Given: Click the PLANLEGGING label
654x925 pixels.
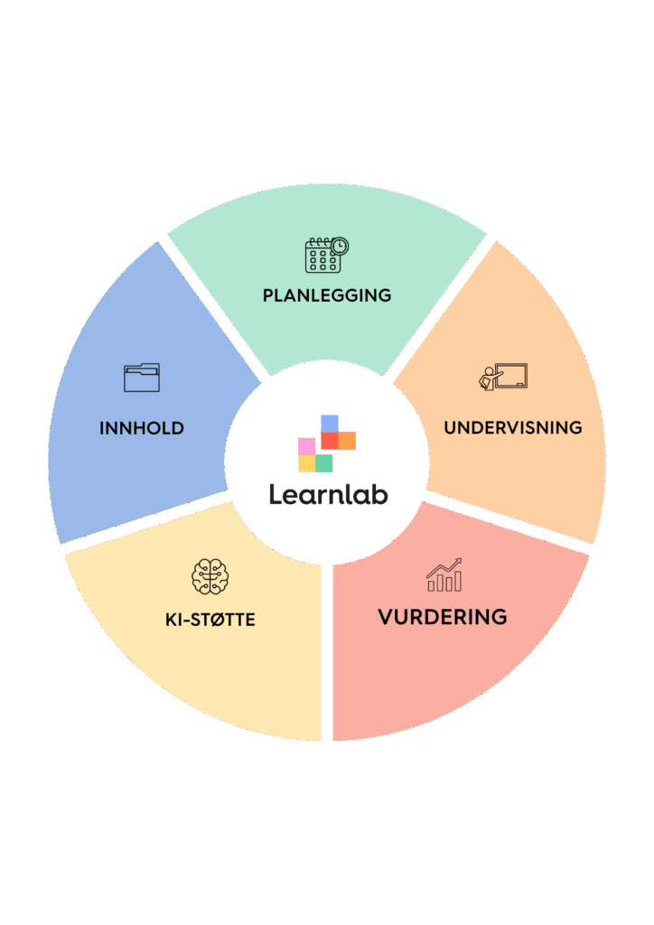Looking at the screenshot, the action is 327,295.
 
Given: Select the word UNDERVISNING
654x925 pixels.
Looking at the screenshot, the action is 513,427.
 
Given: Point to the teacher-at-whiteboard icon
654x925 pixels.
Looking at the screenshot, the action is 503,377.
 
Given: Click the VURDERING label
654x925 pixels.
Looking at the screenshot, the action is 443,617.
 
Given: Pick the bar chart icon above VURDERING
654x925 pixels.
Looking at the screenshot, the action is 444,575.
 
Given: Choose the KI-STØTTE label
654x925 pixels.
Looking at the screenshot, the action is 210,620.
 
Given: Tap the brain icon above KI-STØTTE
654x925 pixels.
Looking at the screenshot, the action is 210,576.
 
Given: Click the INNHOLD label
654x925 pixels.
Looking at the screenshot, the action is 142,427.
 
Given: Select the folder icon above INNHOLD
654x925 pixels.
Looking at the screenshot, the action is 142,378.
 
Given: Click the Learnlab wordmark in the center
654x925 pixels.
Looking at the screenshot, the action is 329,494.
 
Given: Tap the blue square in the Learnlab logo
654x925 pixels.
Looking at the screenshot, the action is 330,423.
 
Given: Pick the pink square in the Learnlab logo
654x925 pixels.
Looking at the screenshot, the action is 306,446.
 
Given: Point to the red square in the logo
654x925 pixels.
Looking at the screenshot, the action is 330,441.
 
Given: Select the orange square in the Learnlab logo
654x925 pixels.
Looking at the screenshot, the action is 348,441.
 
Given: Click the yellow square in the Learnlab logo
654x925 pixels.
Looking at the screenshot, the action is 306,463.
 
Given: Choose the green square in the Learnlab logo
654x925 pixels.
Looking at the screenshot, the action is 324,463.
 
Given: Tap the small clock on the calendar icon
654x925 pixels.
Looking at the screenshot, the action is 340,246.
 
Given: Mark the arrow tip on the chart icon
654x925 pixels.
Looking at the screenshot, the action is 460,558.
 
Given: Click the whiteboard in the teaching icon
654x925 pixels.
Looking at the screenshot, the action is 510,376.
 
